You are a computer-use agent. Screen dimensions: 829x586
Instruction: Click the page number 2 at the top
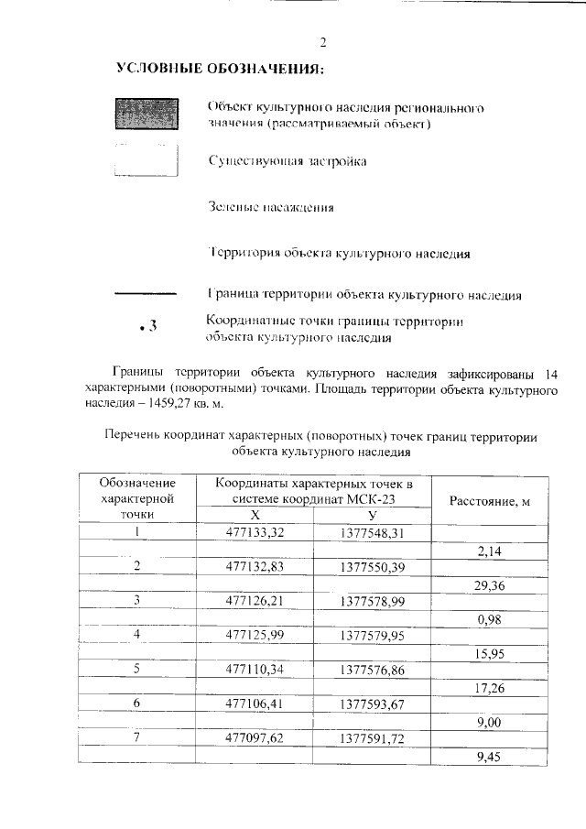(322, 42)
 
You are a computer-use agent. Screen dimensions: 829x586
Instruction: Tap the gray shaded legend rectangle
(145, 115)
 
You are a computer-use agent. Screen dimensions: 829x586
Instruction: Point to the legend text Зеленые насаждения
(270, 207)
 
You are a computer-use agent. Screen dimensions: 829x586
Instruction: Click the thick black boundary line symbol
(145, 293)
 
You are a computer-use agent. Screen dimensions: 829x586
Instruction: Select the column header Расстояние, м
(490, 500)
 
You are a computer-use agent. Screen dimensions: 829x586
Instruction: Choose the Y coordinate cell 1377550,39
(372, 566)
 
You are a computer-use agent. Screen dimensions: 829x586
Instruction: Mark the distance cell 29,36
(492, 584)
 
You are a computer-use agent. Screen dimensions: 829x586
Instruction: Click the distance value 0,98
(492, 618)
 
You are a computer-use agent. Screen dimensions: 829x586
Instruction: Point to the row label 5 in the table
(137, 669)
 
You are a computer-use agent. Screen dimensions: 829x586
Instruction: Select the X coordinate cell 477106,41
(255, 703)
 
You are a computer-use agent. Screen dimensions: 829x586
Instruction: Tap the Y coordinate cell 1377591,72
(372, 736)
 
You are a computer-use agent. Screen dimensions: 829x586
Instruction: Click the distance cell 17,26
(492, 686)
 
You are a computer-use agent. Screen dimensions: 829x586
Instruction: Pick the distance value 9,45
(492, 756)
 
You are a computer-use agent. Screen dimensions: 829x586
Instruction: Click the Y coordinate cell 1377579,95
(372, 634)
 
